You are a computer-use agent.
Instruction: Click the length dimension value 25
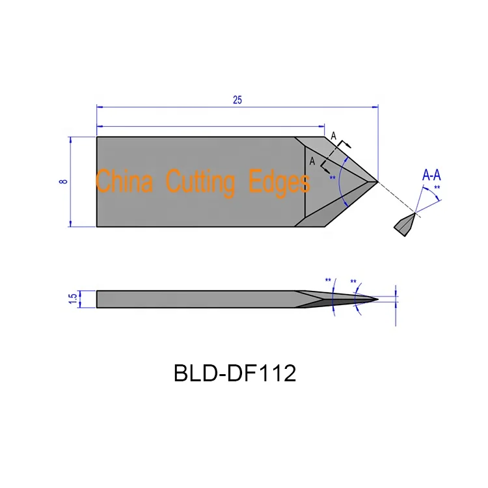(237, 100)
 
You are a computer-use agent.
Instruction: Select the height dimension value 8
(63, 182)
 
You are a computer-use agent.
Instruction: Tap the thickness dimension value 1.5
(73, 299)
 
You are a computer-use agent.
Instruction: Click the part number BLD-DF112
(235, 373)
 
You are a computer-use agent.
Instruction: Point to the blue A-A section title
(432, 175)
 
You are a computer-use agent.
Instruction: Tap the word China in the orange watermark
(124, 181)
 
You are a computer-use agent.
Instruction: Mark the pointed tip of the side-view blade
(378, 299)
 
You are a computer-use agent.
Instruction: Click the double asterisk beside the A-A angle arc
(437, 188)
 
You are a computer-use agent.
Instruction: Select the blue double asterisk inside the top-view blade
(333, 178)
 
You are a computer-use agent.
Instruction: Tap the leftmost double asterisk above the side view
(328, 281)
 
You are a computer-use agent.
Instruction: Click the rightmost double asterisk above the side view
(353, 282)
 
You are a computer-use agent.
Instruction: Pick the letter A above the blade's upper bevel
(334, 136)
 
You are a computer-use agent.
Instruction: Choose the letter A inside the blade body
(312, 161)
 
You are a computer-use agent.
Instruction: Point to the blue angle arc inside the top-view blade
(344, 182)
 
